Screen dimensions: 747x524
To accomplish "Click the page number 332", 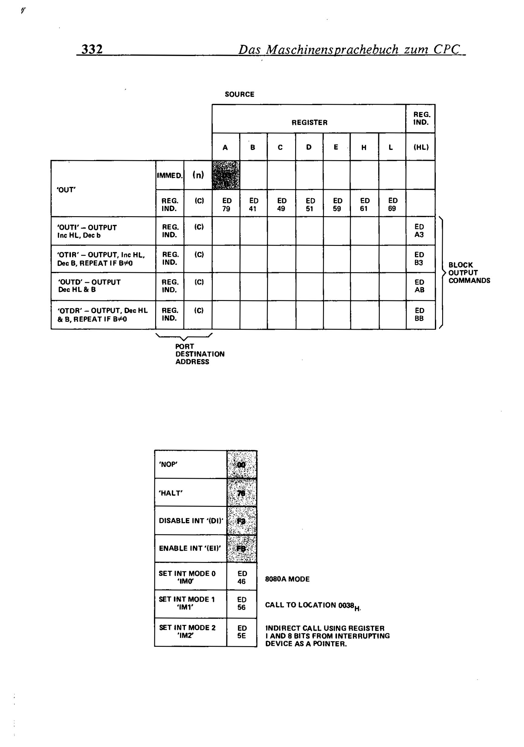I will [92, 49].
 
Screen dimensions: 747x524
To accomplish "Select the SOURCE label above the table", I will [239, 94].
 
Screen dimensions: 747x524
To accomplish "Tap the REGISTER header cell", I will [309, 123].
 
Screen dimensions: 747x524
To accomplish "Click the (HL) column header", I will [421, 147].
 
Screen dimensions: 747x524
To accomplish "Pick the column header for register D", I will [309, 147].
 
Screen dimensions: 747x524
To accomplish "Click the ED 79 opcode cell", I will [226, 205].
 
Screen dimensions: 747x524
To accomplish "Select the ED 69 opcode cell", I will [392, 205].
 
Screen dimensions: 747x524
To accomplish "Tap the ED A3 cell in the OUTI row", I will [419, 231].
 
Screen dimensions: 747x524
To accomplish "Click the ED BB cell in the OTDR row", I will [419, 315].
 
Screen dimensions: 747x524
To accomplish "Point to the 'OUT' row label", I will [66, 190].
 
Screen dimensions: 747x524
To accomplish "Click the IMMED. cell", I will [170, 176].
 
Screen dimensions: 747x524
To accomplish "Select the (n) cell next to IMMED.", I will [198, 175].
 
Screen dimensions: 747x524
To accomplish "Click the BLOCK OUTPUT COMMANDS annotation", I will [469, 273].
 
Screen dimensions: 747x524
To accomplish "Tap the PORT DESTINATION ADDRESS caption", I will [199, 354].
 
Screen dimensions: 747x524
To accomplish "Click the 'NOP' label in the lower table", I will [168, 464].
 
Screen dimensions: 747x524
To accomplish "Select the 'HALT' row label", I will [170, 493].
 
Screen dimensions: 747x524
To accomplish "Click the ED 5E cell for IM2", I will [242, 632].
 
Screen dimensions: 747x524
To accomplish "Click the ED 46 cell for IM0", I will [242, 577].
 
